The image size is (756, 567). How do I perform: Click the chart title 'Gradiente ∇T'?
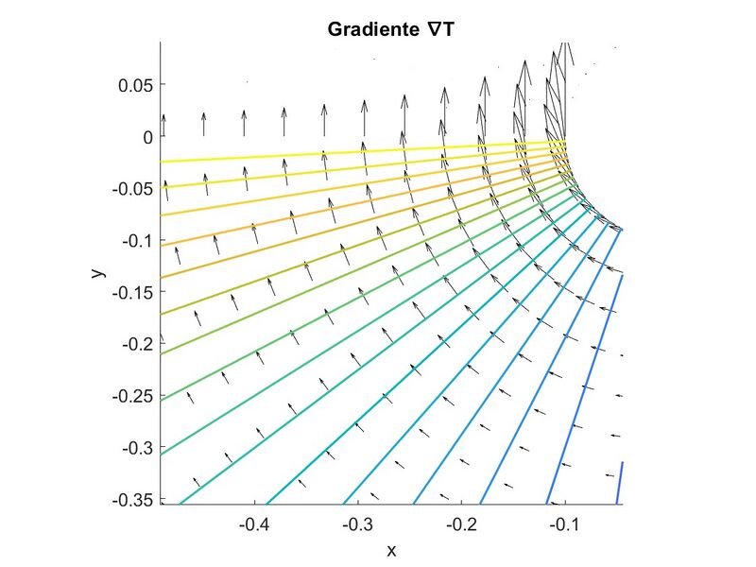(390, 29)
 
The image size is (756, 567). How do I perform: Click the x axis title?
(391, 550)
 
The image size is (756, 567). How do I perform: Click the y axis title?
(96, 272)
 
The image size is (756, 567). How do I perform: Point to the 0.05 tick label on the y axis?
(135, 85)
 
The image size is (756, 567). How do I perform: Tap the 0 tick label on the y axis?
(146, 137)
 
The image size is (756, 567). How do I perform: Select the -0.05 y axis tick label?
(132, 189)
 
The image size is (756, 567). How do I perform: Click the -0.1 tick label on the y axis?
(136, 240)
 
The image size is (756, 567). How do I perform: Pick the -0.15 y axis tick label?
(132, 292)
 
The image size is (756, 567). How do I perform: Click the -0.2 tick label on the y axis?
(136, 343)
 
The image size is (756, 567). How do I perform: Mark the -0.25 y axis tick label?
(132, 395)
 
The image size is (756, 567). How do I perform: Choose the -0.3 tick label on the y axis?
(136, 447)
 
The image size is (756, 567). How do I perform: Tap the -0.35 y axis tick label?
(132, 498)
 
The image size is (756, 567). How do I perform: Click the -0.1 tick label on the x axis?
(565, 523)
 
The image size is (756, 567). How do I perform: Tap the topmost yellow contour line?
(359, 151)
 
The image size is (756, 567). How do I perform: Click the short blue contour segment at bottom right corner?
(620, 482)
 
